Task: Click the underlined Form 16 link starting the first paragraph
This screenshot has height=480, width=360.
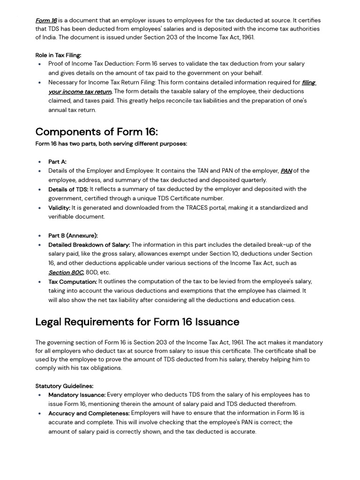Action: click(46, 21)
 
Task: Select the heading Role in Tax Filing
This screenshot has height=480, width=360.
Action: click(58, 55)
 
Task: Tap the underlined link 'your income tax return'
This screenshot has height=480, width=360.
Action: click(80, 92)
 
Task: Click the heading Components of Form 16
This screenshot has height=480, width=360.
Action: click(97, 132)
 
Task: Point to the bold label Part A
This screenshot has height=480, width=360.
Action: click(57, 162)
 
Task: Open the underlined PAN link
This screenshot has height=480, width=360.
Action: click(286, 171)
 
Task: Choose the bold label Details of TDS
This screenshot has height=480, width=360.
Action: click(68, 189)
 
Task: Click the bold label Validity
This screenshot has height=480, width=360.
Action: click(59, 208)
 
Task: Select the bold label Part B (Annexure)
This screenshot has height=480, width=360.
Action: click(73, 236)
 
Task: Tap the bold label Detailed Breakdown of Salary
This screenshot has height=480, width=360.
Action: click(89, 245)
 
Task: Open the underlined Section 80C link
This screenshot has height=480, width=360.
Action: click(66, 272)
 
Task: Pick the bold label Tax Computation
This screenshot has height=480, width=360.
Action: click(72, 282)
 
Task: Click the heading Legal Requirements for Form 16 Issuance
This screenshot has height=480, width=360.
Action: click(137, 322)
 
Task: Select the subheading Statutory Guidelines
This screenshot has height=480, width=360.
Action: click(64, 386)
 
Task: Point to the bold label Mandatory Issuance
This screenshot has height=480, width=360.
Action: click(77, 395)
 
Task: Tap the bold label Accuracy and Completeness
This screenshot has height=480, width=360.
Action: click(89, 413)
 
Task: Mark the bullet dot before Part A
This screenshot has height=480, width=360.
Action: click(40, 162)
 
